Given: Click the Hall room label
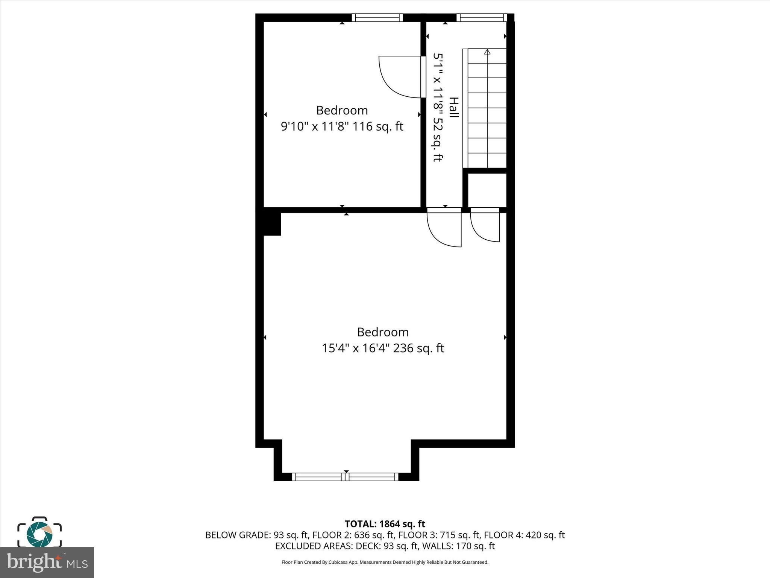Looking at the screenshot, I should pos(454,107).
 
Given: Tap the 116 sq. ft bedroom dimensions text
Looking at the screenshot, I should pos(342,126).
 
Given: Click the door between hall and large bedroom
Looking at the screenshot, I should pos(444,228).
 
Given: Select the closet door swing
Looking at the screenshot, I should pos(485,226).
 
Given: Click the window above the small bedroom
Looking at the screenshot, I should pos(377,18).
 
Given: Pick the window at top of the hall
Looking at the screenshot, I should pos(482,18).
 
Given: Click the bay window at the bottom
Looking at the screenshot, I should pos(345,477).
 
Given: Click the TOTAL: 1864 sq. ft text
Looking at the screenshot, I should pos(385,524).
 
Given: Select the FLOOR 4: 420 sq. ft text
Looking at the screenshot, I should pos(524,535).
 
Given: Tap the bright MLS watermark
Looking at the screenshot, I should pos(47,562).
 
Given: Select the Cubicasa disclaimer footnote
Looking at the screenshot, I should pos(385,562).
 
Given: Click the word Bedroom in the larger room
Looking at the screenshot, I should pos(382,332).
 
